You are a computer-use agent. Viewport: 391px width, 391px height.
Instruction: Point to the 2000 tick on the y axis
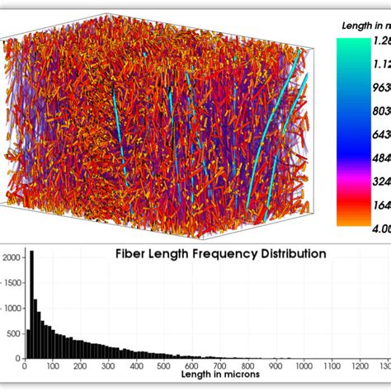point(12,257)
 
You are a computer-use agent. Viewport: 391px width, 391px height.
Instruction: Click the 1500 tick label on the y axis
point(12,282)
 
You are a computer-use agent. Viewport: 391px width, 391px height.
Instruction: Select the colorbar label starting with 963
point(379,86)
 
